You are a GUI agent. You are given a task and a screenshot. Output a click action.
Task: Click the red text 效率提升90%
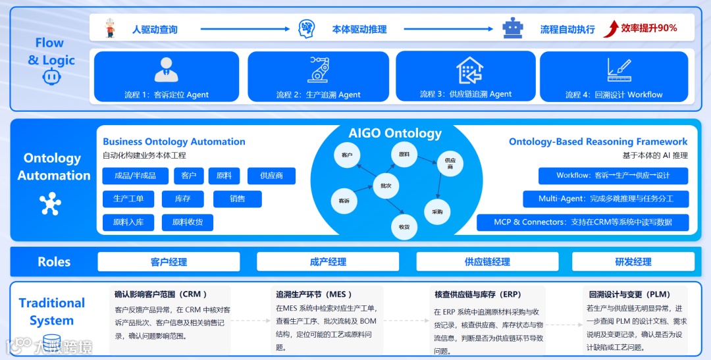649,28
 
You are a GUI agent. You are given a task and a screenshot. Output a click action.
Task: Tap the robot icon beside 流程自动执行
512,28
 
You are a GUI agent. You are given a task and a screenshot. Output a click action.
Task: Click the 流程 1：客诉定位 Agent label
167,95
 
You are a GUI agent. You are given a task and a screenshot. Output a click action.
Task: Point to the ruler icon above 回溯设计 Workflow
619,69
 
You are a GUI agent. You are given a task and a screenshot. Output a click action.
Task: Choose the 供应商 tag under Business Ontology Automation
271,176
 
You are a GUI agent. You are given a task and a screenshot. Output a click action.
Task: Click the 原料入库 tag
128,222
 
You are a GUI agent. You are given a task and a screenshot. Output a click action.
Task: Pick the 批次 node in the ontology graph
386,186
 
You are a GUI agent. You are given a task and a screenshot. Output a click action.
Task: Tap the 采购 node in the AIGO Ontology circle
437,212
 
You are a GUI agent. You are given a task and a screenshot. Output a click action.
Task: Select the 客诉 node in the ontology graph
344,201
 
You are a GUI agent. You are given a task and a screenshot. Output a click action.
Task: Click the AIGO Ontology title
395,133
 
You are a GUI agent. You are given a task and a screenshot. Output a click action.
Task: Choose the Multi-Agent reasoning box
605,199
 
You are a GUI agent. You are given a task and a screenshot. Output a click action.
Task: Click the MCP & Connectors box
583,222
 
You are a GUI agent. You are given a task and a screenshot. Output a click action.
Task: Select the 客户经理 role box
169,262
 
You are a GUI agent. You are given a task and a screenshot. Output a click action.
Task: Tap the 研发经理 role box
633,262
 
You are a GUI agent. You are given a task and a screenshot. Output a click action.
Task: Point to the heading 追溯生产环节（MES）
315,294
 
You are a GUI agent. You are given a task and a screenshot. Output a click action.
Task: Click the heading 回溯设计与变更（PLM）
629,294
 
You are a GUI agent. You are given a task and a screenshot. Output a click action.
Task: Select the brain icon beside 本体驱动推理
306,28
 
